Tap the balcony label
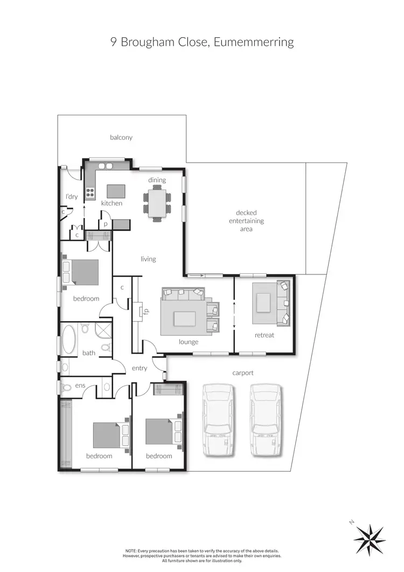click(121, 137)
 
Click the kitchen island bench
click(116, 191)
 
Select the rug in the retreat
click(263, 302)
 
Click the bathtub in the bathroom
click(69, 339)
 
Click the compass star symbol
click(370, 539)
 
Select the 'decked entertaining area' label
click(246, 221)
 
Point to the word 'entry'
click(140, 368)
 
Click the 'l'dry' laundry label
click(72, 197)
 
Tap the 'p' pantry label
click(106, 223)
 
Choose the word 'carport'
click(242, 373)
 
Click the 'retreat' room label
click(264, 335)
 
